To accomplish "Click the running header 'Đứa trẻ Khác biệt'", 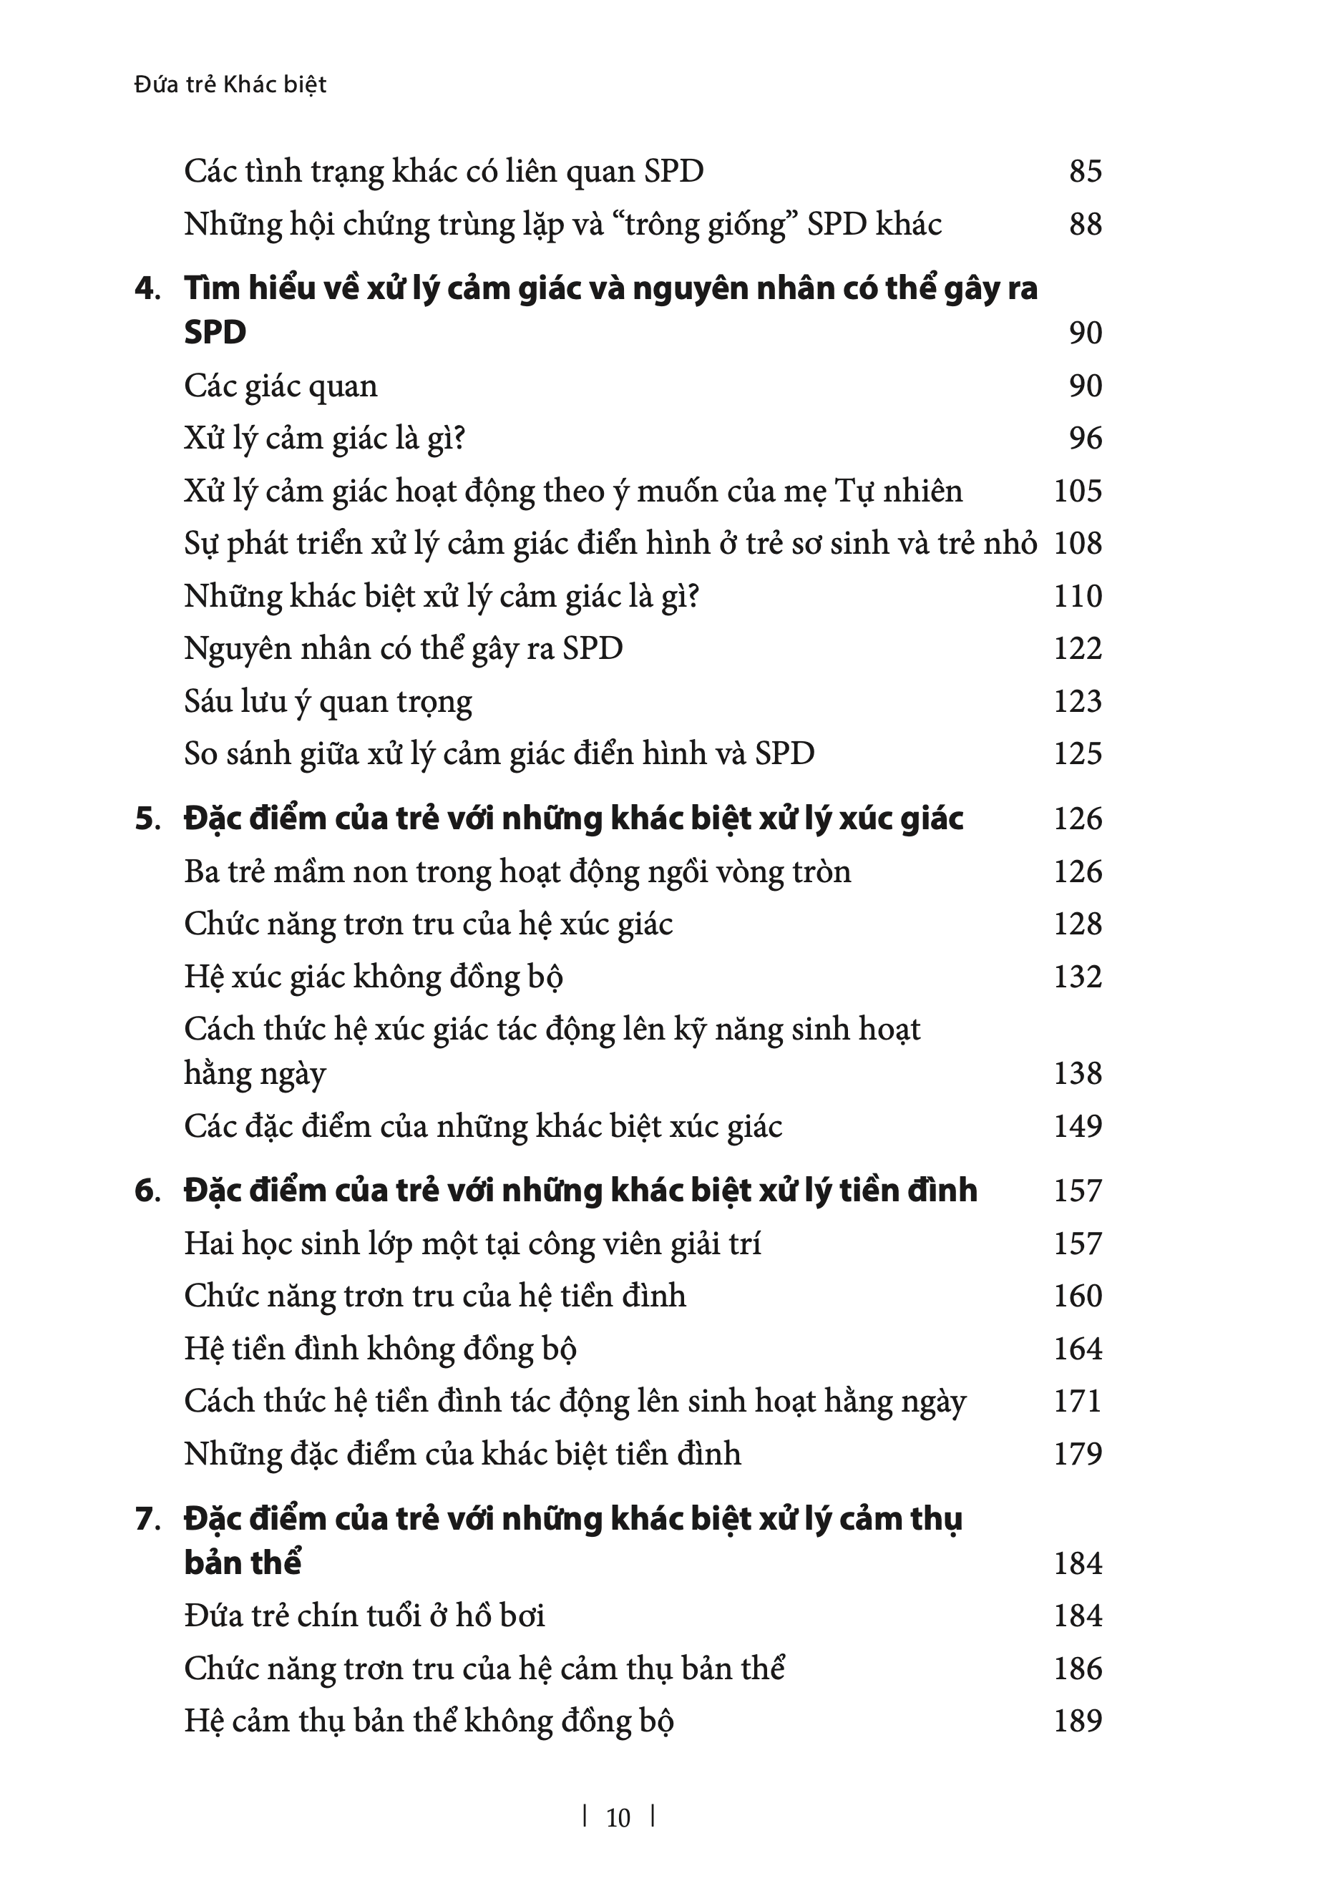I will (x=230, y=84).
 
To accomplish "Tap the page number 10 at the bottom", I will (x=618, y=1817).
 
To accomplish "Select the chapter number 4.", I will (x=147, y=289).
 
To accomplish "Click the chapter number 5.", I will (x=147, y=819).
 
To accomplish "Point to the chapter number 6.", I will (x=147, y=1191).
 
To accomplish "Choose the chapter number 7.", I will (x=147, y=1519).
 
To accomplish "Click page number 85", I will (x=1085, y=171).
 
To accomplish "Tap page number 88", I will (x=1085, y=223).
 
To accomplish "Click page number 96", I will (x=1085, y=438).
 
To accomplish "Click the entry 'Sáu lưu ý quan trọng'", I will (x=328, y=701).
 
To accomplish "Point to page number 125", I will (x=1077, y=753).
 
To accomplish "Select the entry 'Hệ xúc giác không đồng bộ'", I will (x=373, y=977).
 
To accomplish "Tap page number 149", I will (x=1077, y=1125).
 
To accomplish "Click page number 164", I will (x=1077, y=1349).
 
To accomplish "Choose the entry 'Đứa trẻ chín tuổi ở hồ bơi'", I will (x=364, y=1616).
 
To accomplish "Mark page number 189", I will (x=1077, y=1721).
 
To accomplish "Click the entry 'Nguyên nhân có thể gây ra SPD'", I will (x=403, y=648).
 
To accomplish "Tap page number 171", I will (x=1077, y=1402).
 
